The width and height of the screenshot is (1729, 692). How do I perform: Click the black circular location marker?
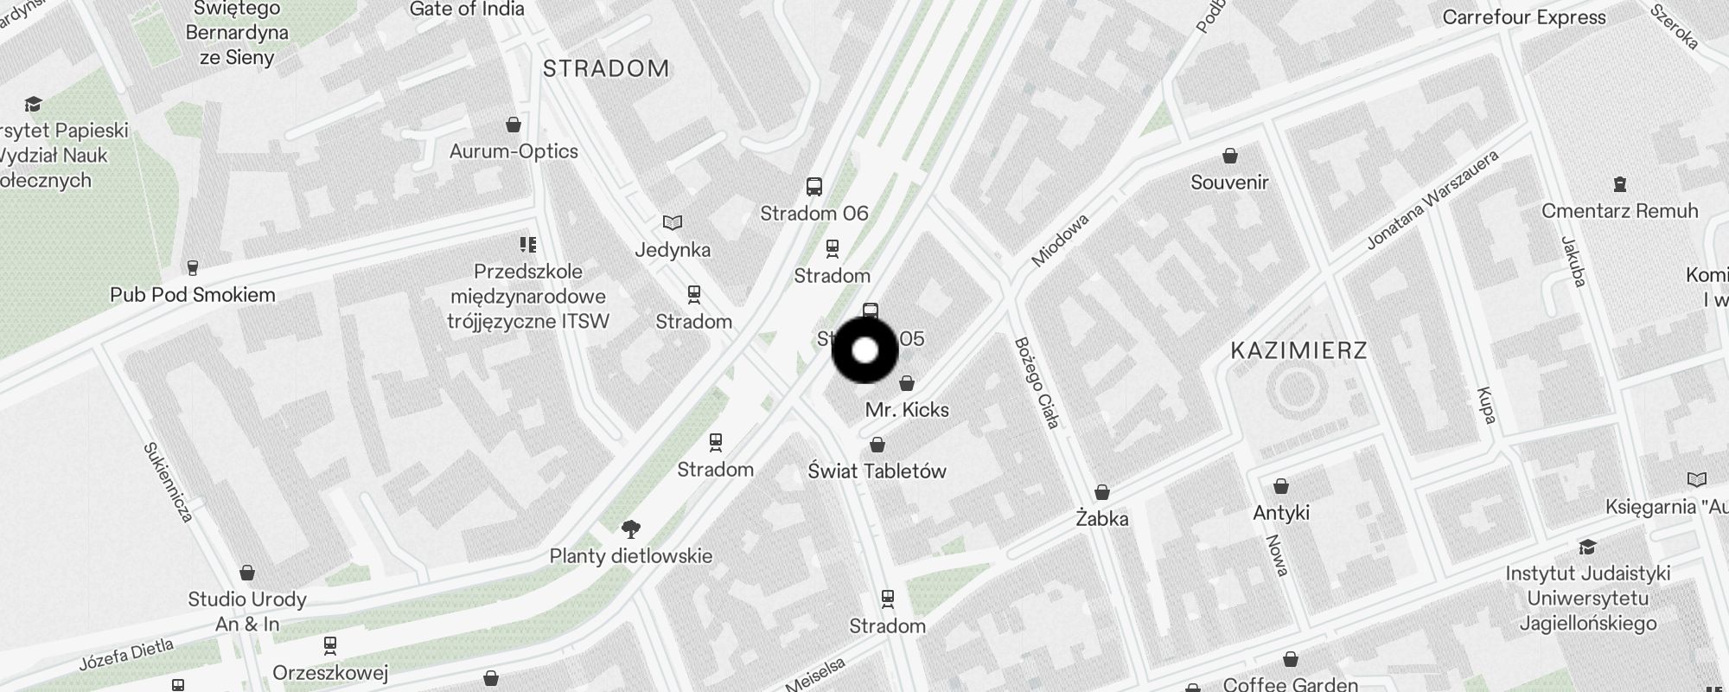coord(864,350)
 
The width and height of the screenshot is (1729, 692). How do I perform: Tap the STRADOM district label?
coord(606,68)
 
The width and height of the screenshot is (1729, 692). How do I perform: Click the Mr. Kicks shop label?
coord(907,409)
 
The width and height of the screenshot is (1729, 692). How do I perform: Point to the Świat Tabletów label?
coord(877,471)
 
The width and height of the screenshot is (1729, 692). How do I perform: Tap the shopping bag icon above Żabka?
coord(1102,492)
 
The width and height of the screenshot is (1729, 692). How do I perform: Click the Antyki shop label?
coord(1281,512)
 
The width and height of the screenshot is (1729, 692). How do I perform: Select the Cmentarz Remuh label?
coord(1619,210)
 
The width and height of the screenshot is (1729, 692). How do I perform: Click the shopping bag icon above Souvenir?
coord(1229,156)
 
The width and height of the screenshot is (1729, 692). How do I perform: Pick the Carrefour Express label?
coord(1524,17)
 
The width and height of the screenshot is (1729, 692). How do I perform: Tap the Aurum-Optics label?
coord(514,151)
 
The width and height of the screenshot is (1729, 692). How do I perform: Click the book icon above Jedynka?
coord(673,223)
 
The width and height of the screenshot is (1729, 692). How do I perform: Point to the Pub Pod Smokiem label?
coord(193,294)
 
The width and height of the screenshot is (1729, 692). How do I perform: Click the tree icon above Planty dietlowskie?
coord(631,529)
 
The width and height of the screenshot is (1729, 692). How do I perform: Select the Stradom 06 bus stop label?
coord(813,213)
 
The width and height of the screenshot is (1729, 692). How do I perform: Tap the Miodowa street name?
coord(1060,240)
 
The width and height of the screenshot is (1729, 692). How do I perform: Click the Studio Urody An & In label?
coord(247,611)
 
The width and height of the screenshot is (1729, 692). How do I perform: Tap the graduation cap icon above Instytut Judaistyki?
coord(1587,547)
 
